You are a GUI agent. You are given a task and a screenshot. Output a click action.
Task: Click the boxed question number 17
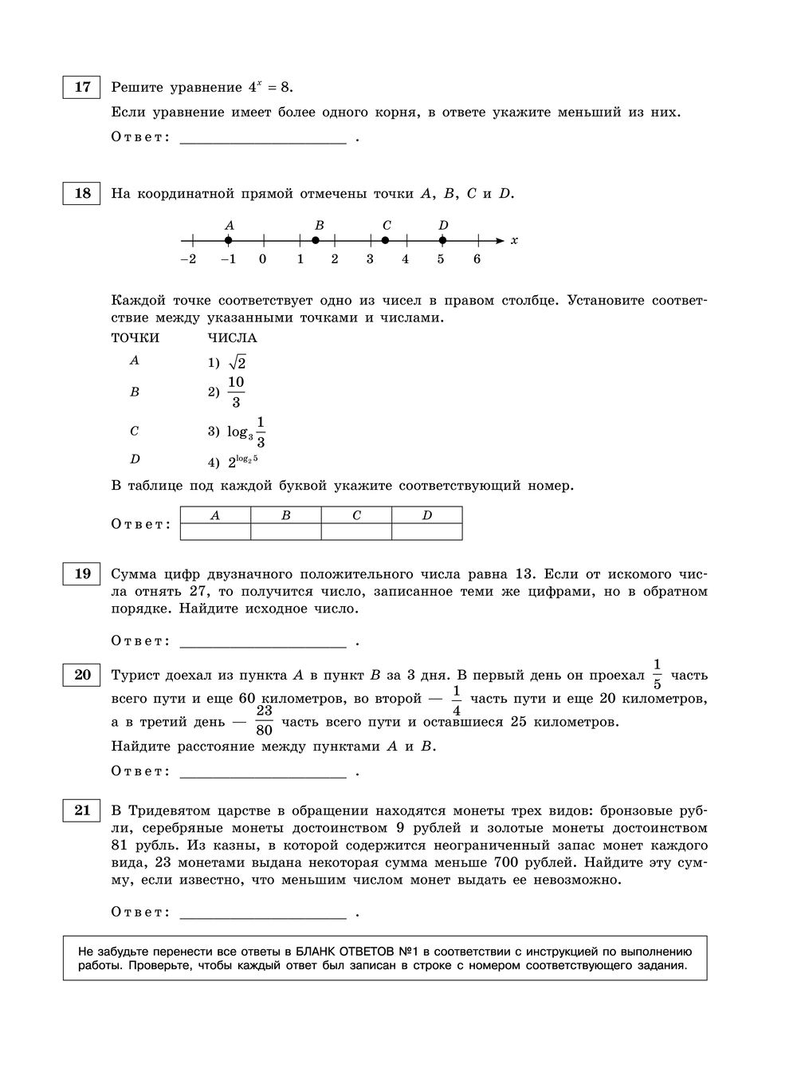click(82, 87)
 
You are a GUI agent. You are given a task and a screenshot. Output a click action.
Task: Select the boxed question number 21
click(82, 810)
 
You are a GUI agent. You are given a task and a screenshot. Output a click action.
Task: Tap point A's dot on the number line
click(229, 240)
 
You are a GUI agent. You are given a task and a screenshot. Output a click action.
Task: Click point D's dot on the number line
click(442, 240)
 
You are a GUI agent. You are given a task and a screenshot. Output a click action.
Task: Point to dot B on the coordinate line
click(316, 240)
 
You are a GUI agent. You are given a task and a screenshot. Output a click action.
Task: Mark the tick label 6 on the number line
click(477, 259)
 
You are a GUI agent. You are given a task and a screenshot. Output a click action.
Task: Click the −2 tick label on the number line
click(188, 259)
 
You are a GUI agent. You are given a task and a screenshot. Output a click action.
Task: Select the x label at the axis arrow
click(514, 240)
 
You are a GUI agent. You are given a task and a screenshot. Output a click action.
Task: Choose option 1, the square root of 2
click(237, 362)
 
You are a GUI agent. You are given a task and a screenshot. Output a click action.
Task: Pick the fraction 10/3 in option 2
click(236, 392)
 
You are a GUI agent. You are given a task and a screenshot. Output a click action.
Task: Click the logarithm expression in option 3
click(246, 432)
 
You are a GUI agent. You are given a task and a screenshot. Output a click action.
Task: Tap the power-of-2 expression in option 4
click(242, 461)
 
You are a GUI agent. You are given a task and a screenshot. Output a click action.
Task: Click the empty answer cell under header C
click(356, 532)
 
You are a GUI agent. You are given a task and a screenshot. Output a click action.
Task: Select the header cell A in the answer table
click(215, 515)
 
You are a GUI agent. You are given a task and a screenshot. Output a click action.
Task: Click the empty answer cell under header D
click(426, 532)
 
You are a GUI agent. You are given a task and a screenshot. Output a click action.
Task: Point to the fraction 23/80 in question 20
click(265, 720)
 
